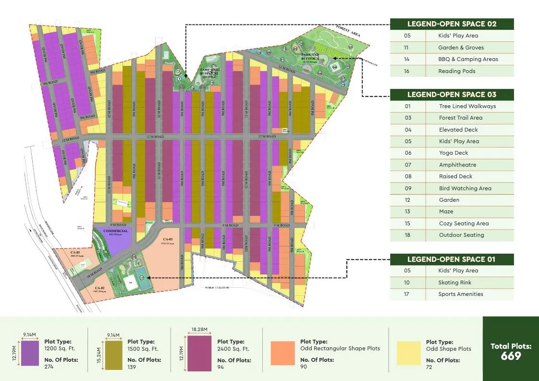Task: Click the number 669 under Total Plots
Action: click(511, 356)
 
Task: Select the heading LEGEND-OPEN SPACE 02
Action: click(452, 24)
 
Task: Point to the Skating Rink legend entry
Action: click(454, 283)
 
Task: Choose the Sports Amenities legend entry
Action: click(461, 294)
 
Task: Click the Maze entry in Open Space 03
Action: click(446, 211)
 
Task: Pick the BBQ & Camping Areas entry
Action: click(468, 59)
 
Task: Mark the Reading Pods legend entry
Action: click(456, 71)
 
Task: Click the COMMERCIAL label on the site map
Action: click(115, 231)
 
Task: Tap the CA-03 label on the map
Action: click(168, 239)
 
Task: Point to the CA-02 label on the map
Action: click(99, 288)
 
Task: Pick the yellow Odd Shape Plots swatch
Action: click(408, 353)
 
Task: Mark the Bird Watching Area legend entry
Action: click(465, 188)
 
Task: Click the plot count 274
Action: click(49, 367)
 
